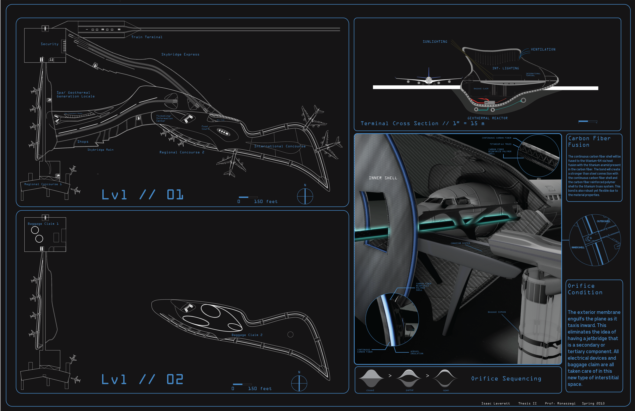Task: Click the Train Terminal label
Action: click(x=147, y=37)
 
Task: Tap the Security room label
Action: click(x=50, y=44)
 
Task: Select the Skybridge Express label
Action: click(x=180, y=54)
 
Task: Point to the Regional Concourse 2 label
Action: click(x=182, y=152)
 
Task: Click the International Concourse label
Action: click(x=280, y=146)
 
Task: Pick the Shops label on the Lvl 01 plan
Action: click(x=83, y=142)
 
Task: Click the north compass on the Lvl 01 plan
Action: click(x=305, y=196)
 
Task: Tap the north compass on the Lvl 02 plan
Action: click(x=299, y=383)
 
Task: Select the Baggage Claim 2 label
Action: click(x=247, y=335)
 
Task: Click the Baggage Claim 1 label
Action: click(x=43, y=224)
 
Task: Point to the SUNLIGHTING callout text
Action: click(x=435, y=42)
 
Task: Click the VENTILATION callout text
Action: click(x=543, y=50)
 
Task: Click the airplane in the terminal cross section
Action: click(x=428, y=79)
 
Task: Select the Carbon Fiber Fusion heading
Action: click(x=589, y=142)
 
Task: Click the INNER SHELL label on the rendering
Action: click(x=383, y=178)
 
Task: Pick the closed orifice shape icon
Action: click(x=371, y=378)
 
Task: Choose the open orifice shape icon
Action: click(x=445, y=378)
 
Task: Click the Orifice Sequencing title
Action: click(x=506, y=379)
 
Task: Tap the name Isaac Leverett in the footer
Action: click(x=496, y=403)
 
